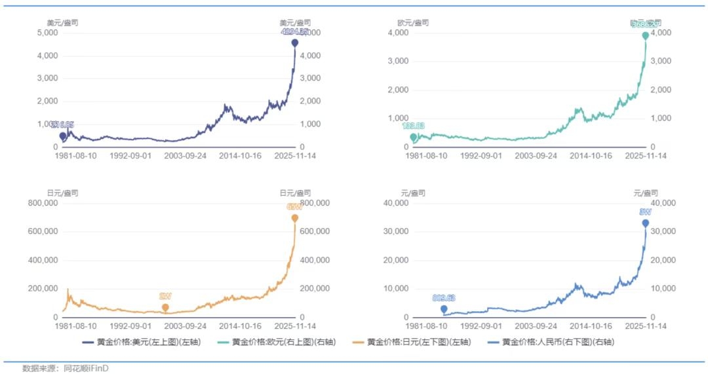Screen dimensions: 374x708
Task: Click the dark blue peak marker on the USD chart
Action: click(x=295, y=43)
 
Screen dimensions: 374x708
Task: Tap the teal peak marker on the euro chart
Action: click(x=646, y=35)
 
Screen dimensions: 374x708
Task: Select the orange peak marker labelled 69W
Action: click(x=295, y=218)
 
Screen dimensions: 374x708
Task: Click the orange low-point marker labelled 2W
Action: click(x=165, y=307)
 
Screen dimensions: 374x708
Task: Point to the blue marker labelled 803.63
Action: click(x=444, y=309)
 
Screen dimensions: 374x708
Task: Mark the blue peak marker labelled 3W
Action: click(x=646, y=223)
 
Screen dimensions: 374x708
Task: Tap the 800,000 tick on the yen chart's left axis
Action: click(x=43, y=203)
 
